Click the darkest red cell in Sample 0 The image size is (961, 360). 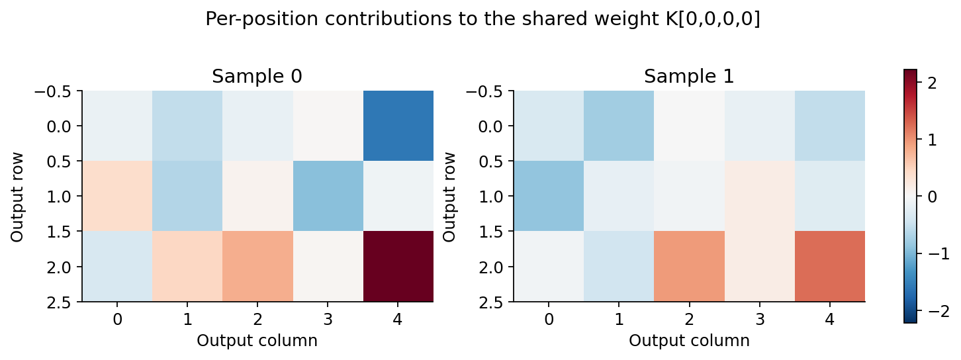pyautogui.click(x=398, y=267)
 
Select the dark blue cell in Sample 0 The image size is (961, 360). pyautogui.click(x=398, y=126)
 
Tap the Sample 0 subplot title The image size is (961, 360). pyautogui.click(x=257, y=76)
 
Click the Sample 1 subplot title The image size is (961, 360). pyautogui.click(x=689, y=76)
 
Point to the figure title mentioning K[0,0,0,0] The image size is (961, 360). pyautogui.click(x=482, y=19)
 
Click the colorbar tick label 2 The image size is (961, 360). pyautogui.click(x=933, y=83)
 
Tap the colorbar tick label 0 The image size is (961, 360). pyautogui.click(x=933, y=197)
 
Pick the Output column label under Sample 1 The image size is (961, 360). pyautogui.click(x=689, y=341)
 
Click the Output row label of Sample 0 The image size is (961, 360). pyautogui.click(x=17, y=197)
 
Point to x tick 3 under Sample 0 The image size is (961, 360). pyautogui.click(x=328, y=320)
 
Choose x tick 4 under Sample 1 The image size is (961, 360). pyautogui.click(x=830, y=320)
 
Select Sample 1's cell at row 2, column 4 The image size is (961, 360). pyautogui.click(x=830, y=267)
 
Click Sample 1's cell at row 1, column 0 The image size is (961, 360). pyautogui.click(x=549, y=196)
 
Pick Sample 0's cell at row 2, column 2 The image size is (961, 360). pyautogui.click(x=258, y=267)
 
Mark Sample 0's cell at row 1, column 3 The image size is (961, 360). pyautogui.click(x=328, y=196)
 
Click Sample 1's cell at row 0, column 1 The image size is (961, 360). pyautogui.click(x=619, y=126)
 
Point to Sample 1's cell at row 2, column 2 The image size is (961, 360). pyautogui.click(x=690, y=267)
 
